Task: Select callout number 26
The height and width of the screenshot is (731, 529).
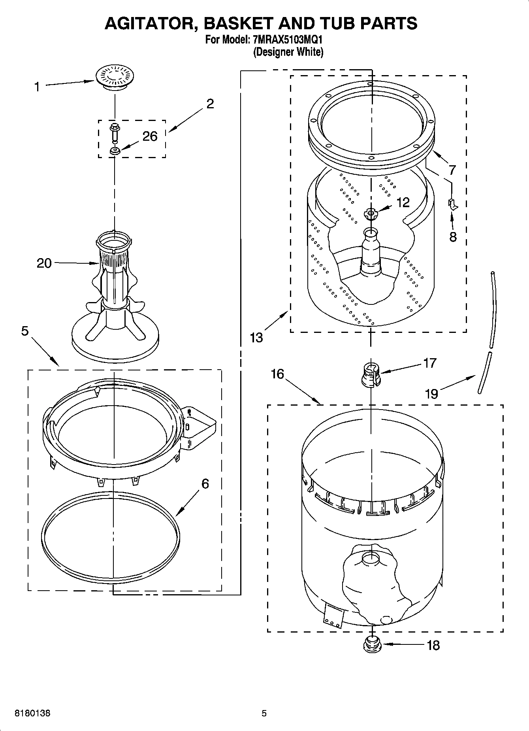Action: (150, 136)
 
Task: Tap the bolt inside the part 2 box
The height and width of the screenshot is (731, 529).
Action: (115, 132)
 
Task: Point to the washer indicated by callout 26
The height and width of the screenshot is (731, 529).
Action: (115, 151)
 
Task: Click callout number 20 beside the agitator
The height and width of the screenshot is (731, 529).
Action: (44, 263)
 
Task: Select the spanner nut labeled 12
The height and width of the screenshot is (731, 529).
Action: (370, 214)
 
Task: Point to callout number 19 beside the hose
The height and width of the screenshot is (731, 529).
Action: (431, 393)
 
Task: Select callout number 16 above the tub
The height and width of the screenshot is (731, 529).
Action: (278, 374)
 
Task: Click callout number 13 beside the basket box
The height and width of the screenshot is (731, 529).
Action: (256, 338)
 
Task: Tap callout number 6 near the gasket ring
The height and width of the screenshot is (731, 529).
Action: (205, 484)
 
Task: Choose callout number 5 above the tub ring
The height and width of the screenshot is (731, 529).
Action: (25, 331)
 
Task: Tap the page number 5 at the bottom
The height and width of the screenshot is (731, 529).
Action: (264, 714)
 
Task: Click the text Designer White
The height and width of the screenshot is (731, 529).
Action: (288, 52)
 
